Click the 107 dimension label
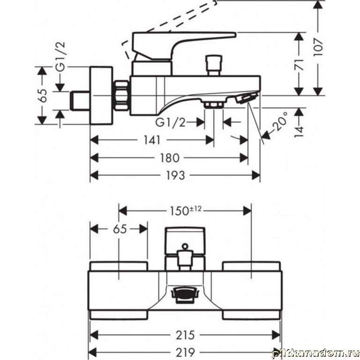(318, 47)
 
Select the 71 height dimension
(300, 65)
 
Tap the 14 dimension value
(299, 132)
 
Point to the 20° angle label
(280, 122)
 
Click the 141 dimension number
(152, 140)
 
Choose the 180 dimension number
(169, 158)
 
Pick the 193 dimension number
(175, 176)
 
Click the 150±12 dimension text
(186, 211)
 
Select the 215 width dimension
(185, 335)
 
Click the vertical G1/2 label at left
(60, 57)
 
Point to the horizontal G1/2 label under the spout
(170, 123)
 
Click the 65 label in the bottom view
(120, 229)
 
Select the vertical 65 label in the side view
(43, 96)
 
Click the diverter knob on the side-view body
(214, 65)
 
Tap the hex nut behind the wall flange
(121, 96)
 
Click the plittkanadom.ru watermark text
(315, 353)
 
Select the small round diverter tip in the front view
(185, 247)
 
